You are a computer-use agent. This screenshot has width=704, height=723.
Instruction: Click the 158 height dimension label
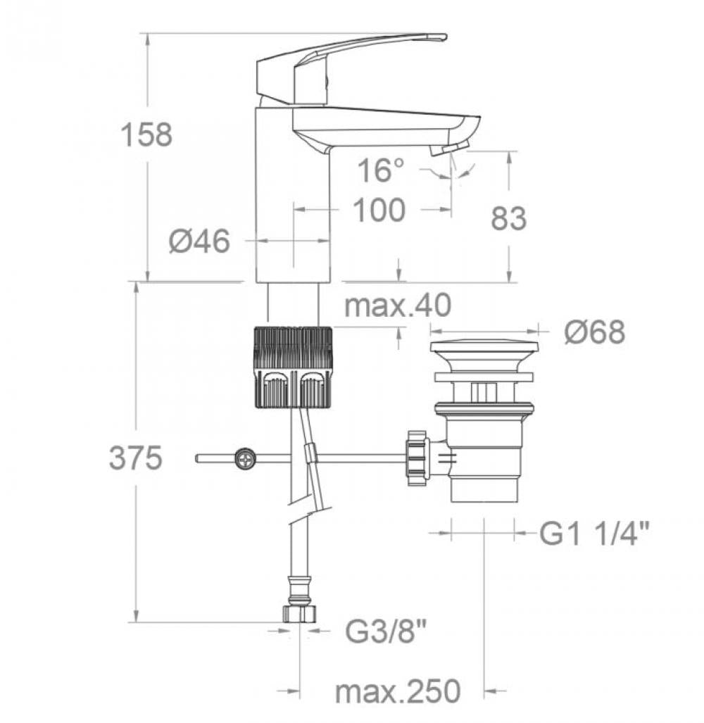[146, 134]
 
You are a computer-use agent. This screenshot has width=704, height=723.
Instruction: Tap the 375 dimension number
[135, 459]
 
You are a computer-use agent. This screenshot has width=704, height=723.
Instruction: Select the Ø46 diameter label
[199, 241]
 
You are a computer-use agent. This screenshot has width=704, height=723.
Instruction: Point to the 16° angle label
[382, 170]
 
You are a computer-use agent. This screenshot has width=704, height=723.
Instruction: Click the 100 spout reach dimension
[379, 210]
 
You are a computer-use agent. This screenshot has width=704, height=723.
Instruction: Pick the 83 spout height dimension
[508, 219]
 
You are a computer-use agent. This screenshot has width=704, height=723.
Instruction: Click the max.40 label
[398, 306]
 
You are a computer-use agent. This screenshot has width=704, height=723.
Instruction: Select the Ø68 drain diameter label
[594, 332]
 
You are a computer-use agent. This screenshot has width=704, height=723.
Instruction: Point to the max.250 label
[398, 691]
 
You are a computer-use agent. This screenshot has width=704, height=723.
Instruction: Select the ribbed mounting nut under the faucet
[291, 366]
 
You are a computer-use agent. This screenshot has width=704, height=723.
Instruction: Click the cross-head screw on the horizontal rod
[246, 459]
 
